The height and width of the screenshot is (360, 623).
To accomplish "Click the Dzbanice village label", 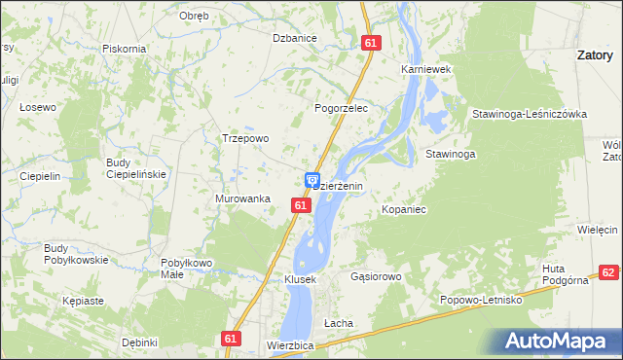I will pos(295,38).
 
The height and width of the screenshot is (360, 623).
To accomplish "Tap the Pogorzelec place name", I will pos(340,109).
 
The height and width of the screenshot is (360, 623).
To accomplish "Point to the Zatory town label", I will pos(595,55).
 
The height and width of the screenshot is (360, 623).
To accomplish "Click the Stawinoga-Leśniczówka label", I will pos(530,114).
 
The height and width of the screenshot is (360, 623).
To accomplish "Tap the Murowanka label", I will pos(242,198).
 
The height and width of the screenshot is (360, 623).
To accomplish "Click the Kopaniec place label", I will pos(404,209).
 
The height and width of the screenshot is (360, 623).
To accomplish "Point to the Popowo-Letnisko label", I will pos(482,301).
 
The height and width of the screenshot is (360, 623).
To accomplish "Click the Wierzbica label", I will pos(289,345).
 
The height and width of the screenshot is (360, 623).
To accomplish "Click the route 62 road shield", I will pos(608,274).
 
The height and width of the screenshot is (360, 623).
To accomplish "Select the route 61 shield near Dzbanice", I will pos(369,43).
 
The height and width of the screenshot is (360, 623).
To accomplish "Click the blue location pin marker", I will pos(312,180).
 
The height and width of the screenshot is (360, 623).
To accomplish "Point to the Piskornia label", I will pos(124,49).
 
